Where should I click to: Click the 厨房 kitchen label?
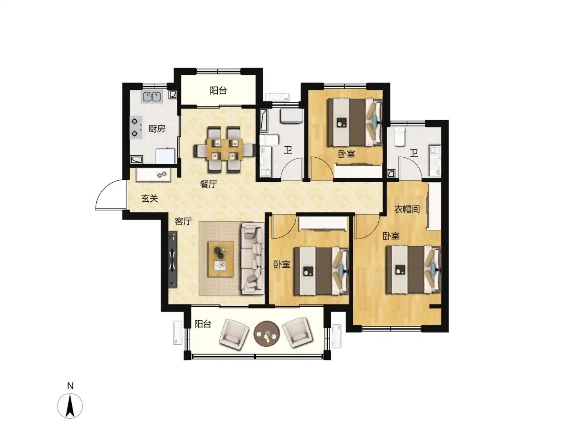point(157,129)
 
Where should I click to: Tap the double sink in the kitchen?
point(152,96)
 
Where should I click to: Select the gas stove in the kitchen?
point(136,127)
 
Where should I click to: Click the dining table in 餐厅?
point(224,149)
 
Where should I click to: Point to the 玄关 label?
point(149,199)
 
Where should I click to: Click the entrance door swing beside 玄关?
point(111,195)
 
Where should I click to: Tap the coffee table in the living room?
point(220,259)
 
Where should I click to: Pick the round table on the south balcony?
point(266,334)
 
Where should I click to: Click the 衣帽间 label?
point(407,209)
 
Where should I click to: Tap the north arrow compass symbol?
point(70,406)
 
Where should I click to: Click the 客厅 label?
point(183,221)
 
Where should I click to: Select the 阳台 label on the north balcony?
point(218,90)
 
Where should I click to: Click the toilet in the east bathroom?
point(400,136)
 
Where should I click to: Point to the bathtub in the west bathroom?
point(264,120)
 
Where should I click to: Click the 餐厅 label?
point(208,184)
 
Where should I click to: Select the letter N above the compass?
point(70,386)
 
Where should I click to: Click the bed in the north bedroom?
point(354,122)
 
